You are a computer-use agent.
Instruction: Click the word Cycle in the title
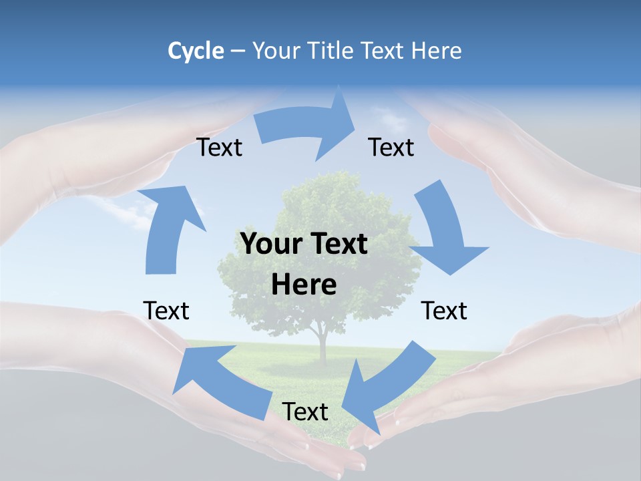(196, 51)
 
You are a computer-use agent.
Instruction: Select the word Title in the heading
(332, 51)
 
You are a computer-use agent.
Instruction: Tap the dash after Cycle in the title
(238, 51)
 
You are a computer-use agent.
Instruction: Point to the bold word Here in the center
(304, 285)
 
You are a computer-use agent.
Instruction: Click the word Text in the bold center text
(340, 245)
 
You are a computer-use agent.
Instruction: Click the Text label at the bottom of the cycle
(305, 412)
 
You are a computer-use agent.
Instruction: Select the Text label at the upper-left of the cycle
(220, 148)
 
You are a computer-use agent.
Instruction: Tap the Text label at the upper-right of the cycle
(391, 148)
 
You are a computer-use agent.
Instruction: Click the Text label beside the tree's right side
(444, 311)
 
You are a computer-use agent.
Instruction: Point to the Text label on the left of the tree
(166, 311)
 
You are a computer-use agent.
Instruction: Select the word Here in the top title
(436, 51)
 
